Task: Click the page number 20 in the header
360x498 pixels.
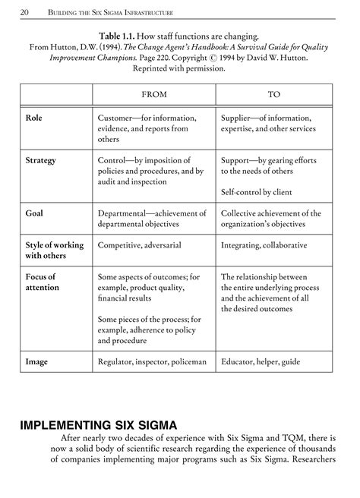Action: [25, 12]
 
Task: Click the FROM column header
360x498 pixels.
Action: [154, 94]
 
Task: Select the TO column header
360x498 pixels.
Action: [274, 94]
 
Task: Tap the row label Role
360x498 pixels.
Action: [34, 118]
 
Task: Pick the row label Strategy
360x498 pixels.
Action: [41, 161]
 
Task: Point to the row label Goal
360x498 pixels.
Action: [34, 213]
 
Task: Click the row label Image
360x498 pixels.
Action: [36, 362]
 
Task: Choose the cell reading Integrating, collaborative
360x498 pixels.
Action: [264, 245]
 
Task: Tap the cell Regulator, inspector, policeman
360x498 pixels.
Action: [152, 362]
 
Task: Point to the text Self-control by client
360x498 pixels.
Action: [259, 192]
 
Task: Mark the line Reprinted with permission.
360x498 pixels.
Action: [180, 68]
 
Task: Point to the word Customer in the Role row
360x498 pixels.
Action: [118, 118]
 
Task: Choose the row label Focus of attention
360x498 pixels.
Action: [40, 282]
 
